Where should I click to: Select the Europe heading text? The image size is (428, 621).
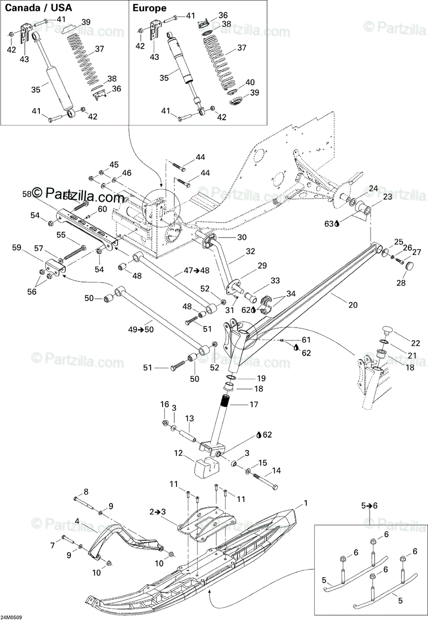(x=150, y=8)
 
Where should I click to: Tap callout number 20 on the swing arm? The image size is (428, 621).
(x=352, y=305)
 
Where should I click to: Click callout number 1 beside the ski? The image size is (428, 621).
(x=306, y=502)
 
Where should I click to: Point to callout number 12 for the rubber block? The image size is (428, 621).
(x=179, y=453)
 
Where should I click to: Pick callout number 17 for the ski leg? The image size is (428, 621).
(x=253, y=405)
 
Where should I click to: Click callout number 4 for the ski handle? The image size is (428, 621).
(x=77, y=521)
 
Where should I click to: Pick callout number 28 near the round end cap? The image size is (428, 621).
(x=401, y=284)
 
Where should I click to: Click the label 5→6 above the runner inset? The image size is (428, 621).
(x=370, y=506)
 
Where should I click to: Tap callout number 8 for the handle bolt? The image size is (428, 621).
(x=86, y=491)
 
